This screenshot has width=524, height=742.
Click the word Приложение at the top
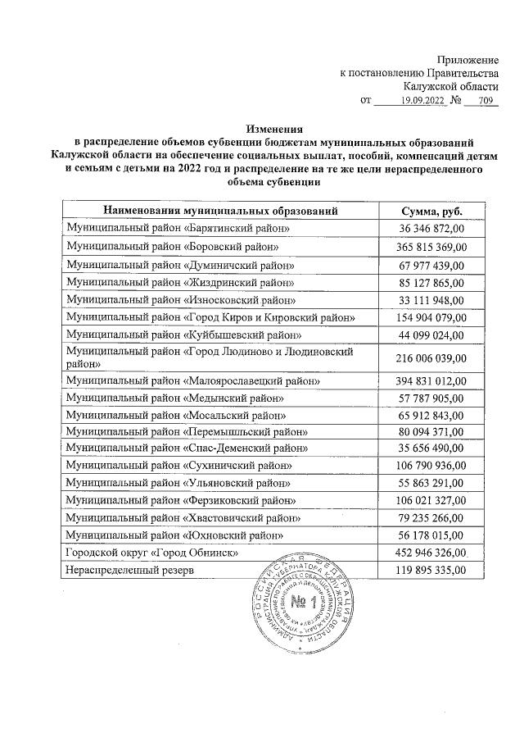pyautogui.click(x=468, y=60)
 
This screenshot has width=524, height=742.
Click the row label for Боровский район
pyautogui.click(x=178, y=246)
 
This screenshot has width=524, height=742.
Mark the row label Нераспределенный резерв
pyautogui.click(x=130, y=571)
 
